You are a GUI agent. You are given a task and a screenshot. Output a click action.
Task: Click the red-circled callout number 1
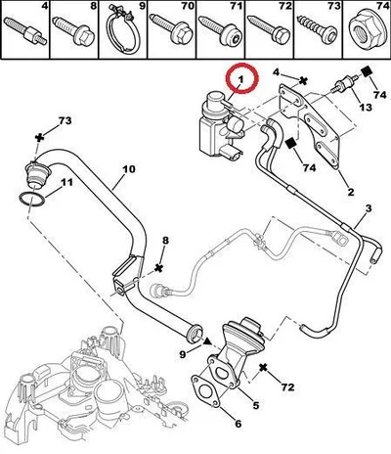[x=240, y=79]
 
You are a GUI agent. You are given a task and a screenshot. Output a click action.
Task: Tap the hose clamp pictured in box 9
[x=123, y=30]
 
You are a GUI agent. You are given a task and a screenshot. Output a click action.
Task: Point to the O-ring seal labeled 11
[x=32, y=200]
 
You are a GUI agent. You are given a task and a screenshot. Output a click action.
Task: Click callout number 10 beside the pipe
[x=128, y=169]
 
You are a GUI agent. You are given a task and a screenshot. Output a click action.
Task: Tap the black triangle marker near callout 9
[x=206, y=341]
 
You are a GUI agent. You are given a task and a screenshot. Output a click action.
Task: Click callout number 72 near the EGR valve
[x=287, y=387]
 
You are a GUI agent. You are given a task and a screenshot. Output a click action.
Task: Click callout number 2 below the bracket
[x=351, y=192]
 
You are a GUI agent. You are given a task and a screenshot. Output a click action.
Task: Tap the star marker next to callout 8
[x=158, y=268]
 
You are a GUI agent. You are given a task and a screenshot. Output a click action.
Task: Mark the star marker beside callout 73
[x=39, y=138]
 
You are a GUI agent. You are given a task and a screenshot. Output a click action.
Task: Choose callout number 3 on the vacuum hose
[x=369, y=208]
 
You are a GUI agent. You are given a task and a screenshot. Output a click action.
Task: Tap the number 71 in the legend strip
[x=237, y=7]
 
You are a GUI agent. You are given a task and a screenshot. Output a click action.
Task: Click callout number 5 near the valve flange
[x=256, y=405]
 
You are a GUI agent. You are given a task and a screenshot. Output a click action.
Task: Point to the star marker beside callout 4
[x=303, y=80]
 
